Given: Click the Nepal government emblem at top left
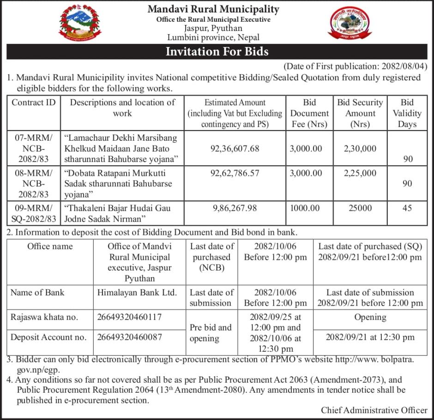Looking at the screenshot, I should (79, 23).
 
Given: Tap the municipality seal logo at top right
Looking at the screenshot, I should (349, 23).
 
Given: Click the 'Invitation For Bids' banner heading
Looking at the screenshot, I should (217, 51).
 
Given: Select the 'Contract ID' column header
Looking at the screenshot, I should (33, 102).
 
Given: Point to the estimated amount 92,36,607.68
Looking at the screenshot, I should (235, 149).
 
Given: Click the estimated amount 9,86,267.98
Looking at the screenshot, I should (235, 208).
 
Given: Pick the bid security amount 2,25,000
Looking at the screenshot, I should (360, 173).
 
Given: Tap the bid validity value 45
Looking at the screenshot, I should (407, 208).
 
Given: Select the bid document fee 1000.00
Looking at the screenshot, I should (305, 208).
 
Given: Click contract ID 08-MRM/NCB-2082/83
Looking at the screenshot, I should (33, 184).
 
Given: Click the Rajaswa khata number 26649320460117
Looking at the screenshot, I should (130, 317).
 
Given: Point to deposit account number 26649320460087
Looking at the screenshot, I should (130, 337).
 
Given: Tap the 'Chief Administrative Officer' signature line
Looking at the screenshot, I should (374, 410).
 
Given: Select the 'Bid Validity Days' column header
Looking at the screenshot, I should (407, 113).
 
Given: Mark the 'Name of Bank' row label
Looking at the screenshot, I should (37, 292).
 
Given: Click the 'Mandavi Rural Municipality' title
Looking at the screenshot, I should (213, 9).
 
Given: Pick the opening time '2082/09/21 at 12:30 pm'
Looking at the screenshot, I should (370, 337).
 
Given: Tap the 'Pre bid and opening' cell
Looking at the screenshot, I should (211, 333).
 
